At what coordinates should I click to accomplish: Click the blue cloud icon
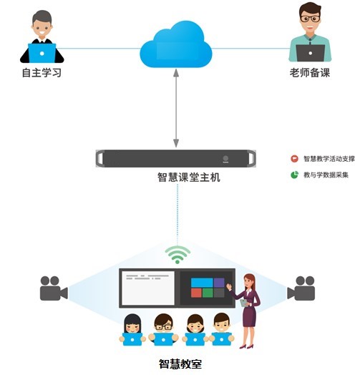pos(176,45)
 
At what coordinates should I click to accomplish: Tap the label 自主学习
pos(42,73)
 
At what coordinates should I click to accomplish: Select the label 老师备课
pos(310,73)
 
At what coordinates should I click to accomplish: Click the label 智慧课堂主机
pos(189,177)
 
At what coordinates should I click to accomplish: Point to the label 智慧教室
pos(180,364)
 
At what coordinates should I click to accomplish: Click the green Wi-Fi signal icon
pos(177,255)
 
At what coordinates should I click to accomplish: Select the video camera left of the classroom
pos(54,288)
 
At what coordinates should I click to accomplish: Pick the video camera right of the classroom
pos(301,288)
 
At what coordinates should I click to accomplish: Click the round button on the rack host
pos(225,158)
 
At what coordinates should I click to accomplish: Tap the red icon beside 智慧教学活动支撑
pos(294,159)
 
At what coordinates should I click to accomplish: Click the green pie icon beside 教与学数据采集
pos(294,175)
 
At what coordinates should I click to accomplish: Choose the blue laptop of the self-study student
pos(42,53)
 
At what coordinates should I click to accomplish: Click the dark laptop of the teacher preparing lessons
pos(310,53)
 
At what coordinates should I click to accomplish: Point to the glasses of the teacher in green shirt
pos(310,19)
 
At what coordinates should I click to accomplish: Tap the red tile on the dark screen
pos(196,293)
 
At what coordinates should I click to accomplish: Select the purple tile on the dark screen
pos(219,283)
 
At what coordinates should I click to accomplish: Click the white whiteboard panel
pos(148,288)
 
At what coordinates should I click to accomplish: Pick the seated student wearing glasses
pos(163,330)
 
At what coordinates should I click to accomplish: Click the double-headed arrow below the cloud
pos(176,108)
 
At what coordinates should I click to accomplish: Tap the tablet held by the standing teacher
pos(244,303)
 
